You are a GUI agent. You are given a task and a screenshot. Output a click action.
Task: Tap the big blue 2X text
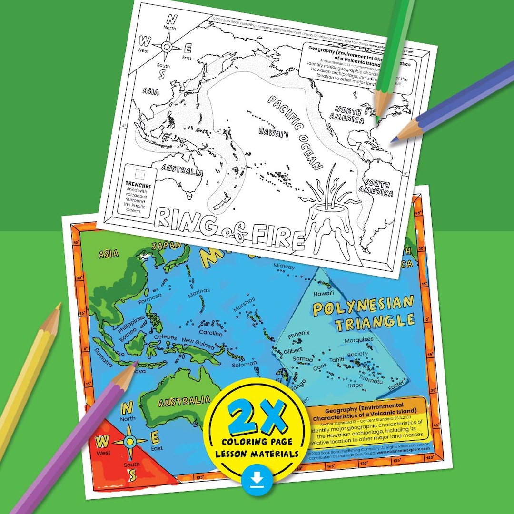257,418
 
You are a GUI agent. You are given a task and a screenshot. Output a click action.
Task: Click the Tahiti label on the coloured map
336,360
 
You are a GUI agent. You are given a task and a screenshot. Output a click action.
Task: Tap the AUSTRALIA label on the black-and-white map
182,170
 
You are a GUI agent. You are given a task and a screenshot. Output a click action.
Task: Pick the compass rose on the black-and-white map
167,47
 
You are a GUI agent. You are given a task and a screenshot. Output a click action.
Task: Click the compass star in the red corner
130,441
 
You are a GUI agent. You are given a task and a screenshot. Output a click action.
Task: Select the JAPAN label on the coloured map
167,246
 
